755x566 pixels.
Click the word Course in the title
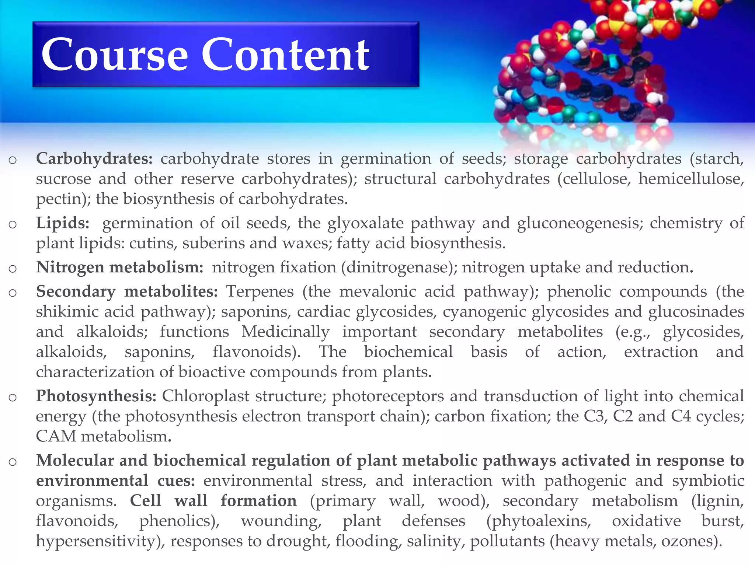point(115,55)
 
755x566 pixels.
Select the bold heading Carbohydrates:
point(94,159)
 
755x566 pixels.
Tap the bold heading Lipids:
point(63,223)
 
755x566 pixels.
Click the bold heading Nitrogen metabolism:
point(120,267)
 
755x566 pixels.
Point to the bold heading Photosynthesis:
point(96,396)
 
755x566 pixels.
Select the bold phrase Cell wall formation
point(213,501)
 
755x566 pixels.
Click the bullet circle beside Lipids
point(13,224)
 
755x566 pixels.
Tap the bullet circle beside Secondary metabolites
point(13,293)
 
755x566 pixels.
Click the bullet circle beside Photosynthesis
point(13,397)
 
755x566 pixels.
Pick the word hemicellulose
point(690,179)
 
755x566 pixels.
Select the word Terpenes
point(260,291)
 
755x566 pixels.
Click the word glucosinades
point(696,312)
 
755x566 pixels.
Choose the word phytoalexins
point(539,521)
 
